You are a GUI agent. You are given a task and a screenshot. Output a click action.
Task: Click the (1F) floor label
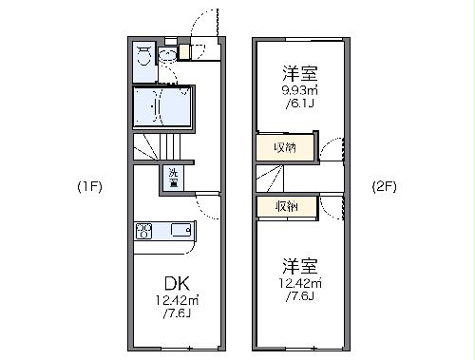click(x=89, y=187)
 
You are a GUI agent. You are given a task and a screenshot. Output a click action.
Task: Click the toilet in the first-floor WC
click(x=144, y=55)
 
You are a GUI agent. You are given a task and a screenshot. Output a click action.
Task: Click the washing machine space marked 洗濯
click(x=174, y=178)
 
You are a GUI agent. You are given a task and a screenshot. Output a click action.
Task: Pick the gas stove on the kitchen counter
click(x=144, y=230)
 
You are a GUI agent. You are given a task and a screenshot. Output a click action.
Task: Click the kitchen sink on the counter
click(x=180, y=230)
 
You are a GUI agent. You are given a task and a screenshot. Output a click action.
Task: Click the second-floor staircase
click(x=270, y=178)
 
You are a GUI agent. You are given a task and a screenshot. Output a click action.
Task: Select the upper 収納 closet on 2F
click(x=282, y=147)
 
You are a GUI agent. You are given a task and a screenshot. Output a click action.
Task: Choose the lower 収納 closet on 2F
click(x=284, y=207)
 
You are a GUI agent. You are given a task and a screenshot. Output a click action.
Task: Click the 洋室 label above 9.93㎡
click(x=297, y=72)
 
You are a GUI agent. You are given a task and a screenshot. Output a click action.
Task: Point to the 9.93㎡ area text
click(x=297, y=91)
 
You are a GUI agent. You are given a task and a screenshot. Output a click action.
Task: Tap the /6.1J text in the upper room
click(x=297, y=105)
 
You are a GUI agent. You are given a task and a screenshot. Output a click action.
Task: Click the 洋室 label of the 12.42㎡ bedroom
click(x=297, y=265)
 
